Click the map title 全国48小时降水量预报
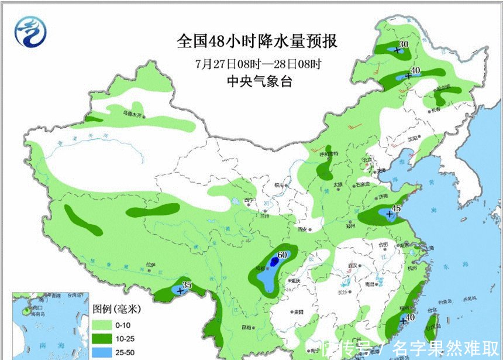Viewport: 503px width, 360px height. point(257,42)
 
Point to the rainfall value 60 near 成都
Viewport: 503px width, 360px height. point(282,255)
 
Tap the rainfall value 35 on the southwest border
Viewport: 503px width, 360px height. point(187,285)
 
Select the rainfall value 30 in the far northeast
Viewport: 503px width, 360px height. point(403,43)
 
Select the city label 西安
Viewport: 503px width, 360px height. point(302,229)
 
